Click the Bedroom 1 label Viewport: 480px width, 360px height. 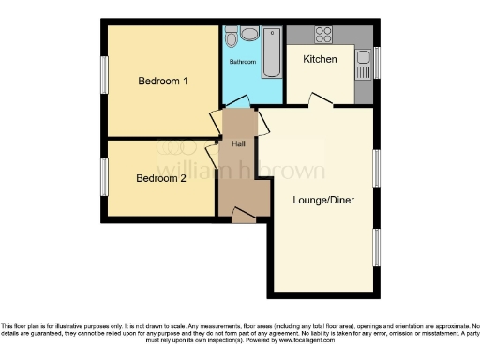pyautogui.click(x=163, y=82)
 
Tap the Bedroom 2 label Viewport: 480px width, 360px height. pyautogui.click(x=160, y=178)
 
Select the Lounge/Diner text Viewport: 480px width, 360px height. pyautogui.click(x=322, y=200)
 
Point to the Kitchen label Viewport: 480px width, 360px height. pyautogui.click(x=322, y=58)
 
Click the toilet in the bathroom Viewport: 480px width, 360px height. pyautogui.click(x=248, y=35)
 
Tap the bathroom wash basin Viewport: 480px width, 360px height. pyautogui.click(x=230, y=39)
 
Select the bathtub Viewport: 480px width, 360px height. pyautogui.click(x=271, y=52)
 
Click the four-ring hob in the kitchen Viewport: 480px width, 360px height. pyautogui.click(x=324, y=35)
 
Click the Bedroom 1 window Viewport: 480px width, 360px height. pyautogui.click(x=104, y=75)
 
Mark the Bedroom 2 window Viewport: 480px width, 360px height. pyautogui.click(x=104, y=176)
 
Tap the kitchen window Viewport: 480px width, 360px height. pyautogui.click(x=377, y=64)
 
